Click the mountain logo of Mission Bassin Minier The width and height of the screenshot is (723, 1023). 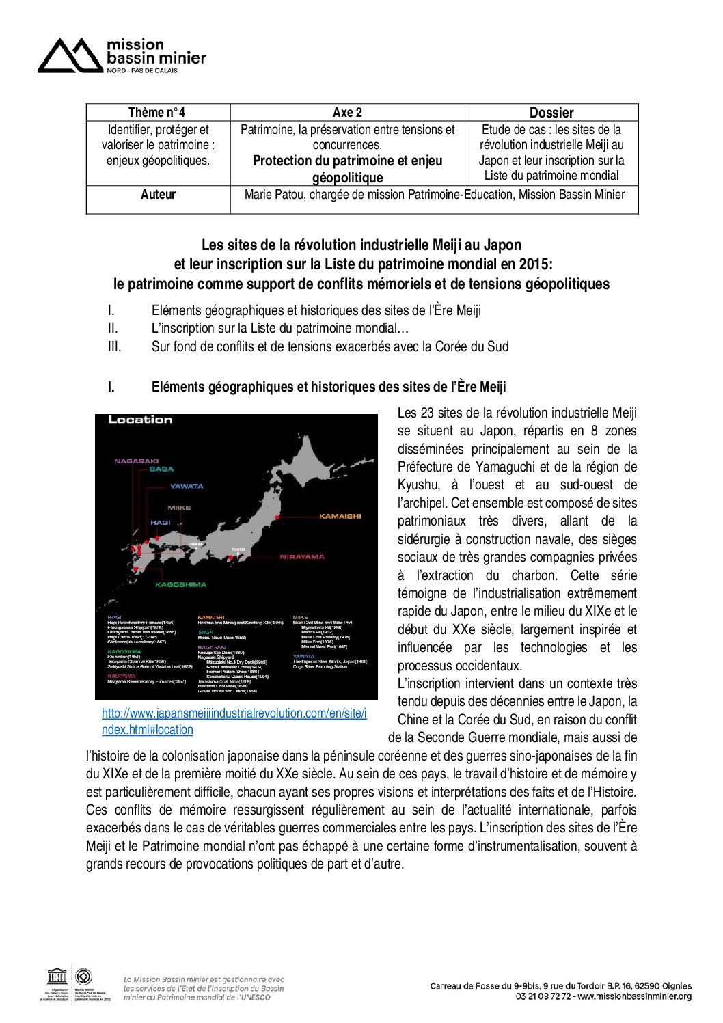(x=70, y=56)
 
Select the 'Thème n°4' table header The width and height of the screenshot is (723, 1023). (x=157, y=113)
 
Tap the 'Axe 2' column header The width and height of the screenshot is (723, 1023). (x=347, y=113)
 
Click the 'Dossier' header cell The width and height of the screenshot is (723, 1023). (x=551, y=113)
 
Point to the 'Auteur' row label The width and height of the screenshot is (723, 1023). (x=158, y=195)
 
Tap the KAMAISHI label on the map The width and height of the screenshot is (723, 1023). (x=340, y=516)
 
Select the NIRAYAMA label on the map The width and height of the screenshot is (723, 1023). (x=302, y=557)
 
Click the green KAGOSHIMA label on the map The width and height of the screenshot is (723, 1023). (x=180, y=585)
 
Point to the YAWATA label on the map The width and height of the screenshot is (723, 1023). (x=187, y=487)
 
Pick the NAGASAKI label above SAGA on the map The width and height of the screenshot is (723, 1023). (x=136, y=461)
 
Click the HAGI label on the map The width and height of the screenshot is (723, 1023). (x=160, y=523)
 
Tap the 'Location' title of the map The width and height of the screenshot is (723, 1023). (x=140, y=420)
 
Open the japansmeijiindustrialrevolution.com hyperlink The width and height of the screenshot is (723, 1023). (x=234, y=713)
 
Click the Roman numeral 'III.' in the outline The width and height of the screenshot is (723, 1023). (x=114, y=346)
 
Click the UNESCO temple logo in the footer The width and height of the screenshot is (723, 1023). (x=56, y=977)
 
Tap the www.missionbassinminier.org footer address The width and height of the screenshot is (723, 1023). (x=634, y=996)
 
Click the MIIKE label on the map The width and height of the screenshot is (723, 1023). (x=179, y=508)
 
